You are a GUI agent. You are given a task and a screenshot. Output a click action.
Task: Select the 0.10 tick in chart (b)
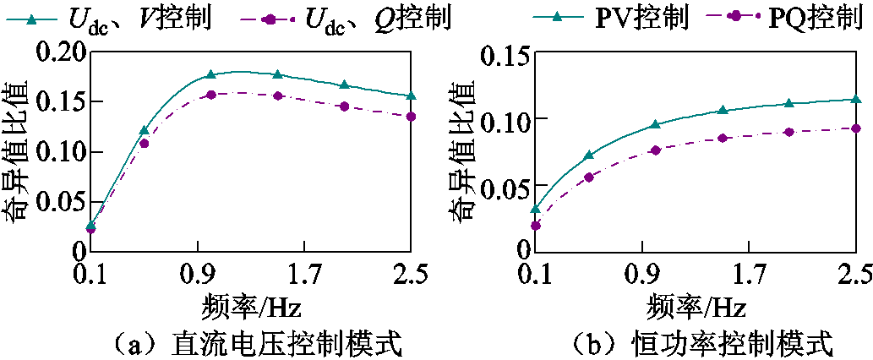[505, 118]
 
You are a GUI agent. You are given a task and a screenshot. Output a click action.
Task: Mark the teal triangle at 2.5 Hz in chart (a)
[411, 96]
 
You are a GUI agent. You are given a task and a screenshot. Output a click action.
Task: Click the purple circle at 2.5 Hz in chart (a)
[411, 117]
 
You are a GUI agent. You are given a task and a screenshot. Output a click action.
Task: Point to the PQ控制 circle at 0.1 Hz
[535, 226]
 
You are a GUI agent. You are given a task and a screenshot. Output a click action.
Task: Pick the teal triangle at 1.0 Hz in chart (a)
[211, 75]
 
